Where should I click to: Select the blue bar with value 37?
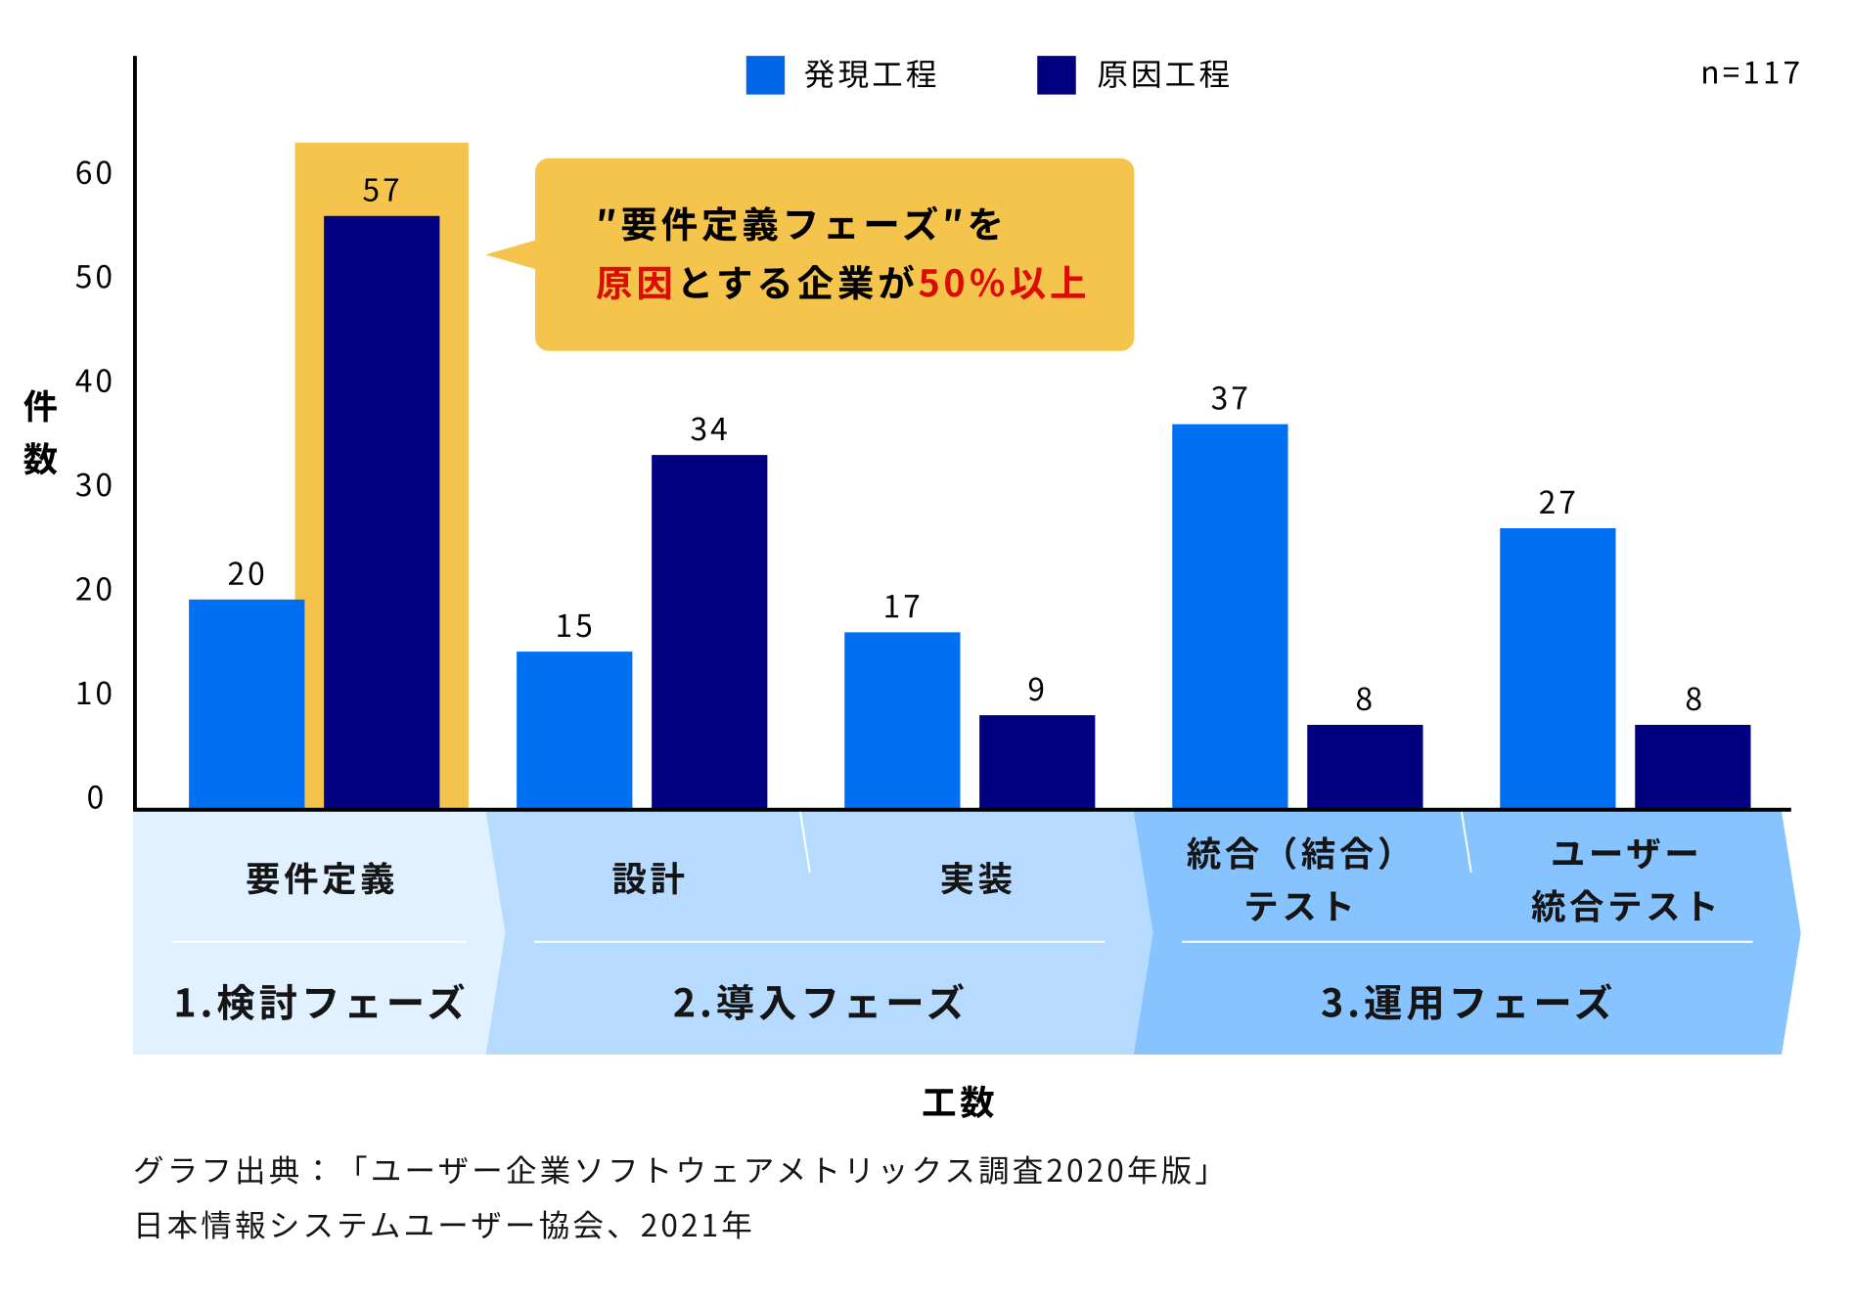point(1230,616)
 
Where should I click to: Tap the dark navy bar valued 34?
point(709,631)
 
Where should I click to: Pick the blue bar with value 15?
point(574,730)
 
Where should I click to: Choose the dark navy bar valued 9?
point(1037,761)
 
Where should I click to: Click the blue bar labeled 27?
point(1558,668)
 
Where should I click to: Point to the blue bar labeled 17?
point(902,720)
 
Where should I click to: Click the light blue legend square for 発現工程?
point(765,75)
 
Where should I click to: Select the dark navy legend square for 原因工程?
point(1057,75)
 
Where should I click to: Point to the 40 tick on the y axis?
point(94,382)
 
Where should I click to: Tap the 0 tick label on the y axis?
point(95,798)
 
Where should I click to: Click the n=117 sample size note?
point(1750,73)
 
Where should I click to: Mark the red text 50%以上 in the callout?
point(1002,284)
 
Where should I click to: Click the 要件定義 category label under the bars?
point(320,878)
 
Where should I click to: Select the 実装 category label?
point(975,878)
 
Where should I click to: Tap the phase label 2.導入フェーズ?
point(818,1003)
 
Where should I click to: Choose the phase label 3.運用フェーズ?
point(1466,1003)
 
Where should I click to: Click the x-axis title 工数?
point(958,1102)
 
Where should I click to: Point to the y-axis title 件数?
point(40,431)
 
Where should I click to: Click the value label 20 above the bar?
point(247,574)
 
